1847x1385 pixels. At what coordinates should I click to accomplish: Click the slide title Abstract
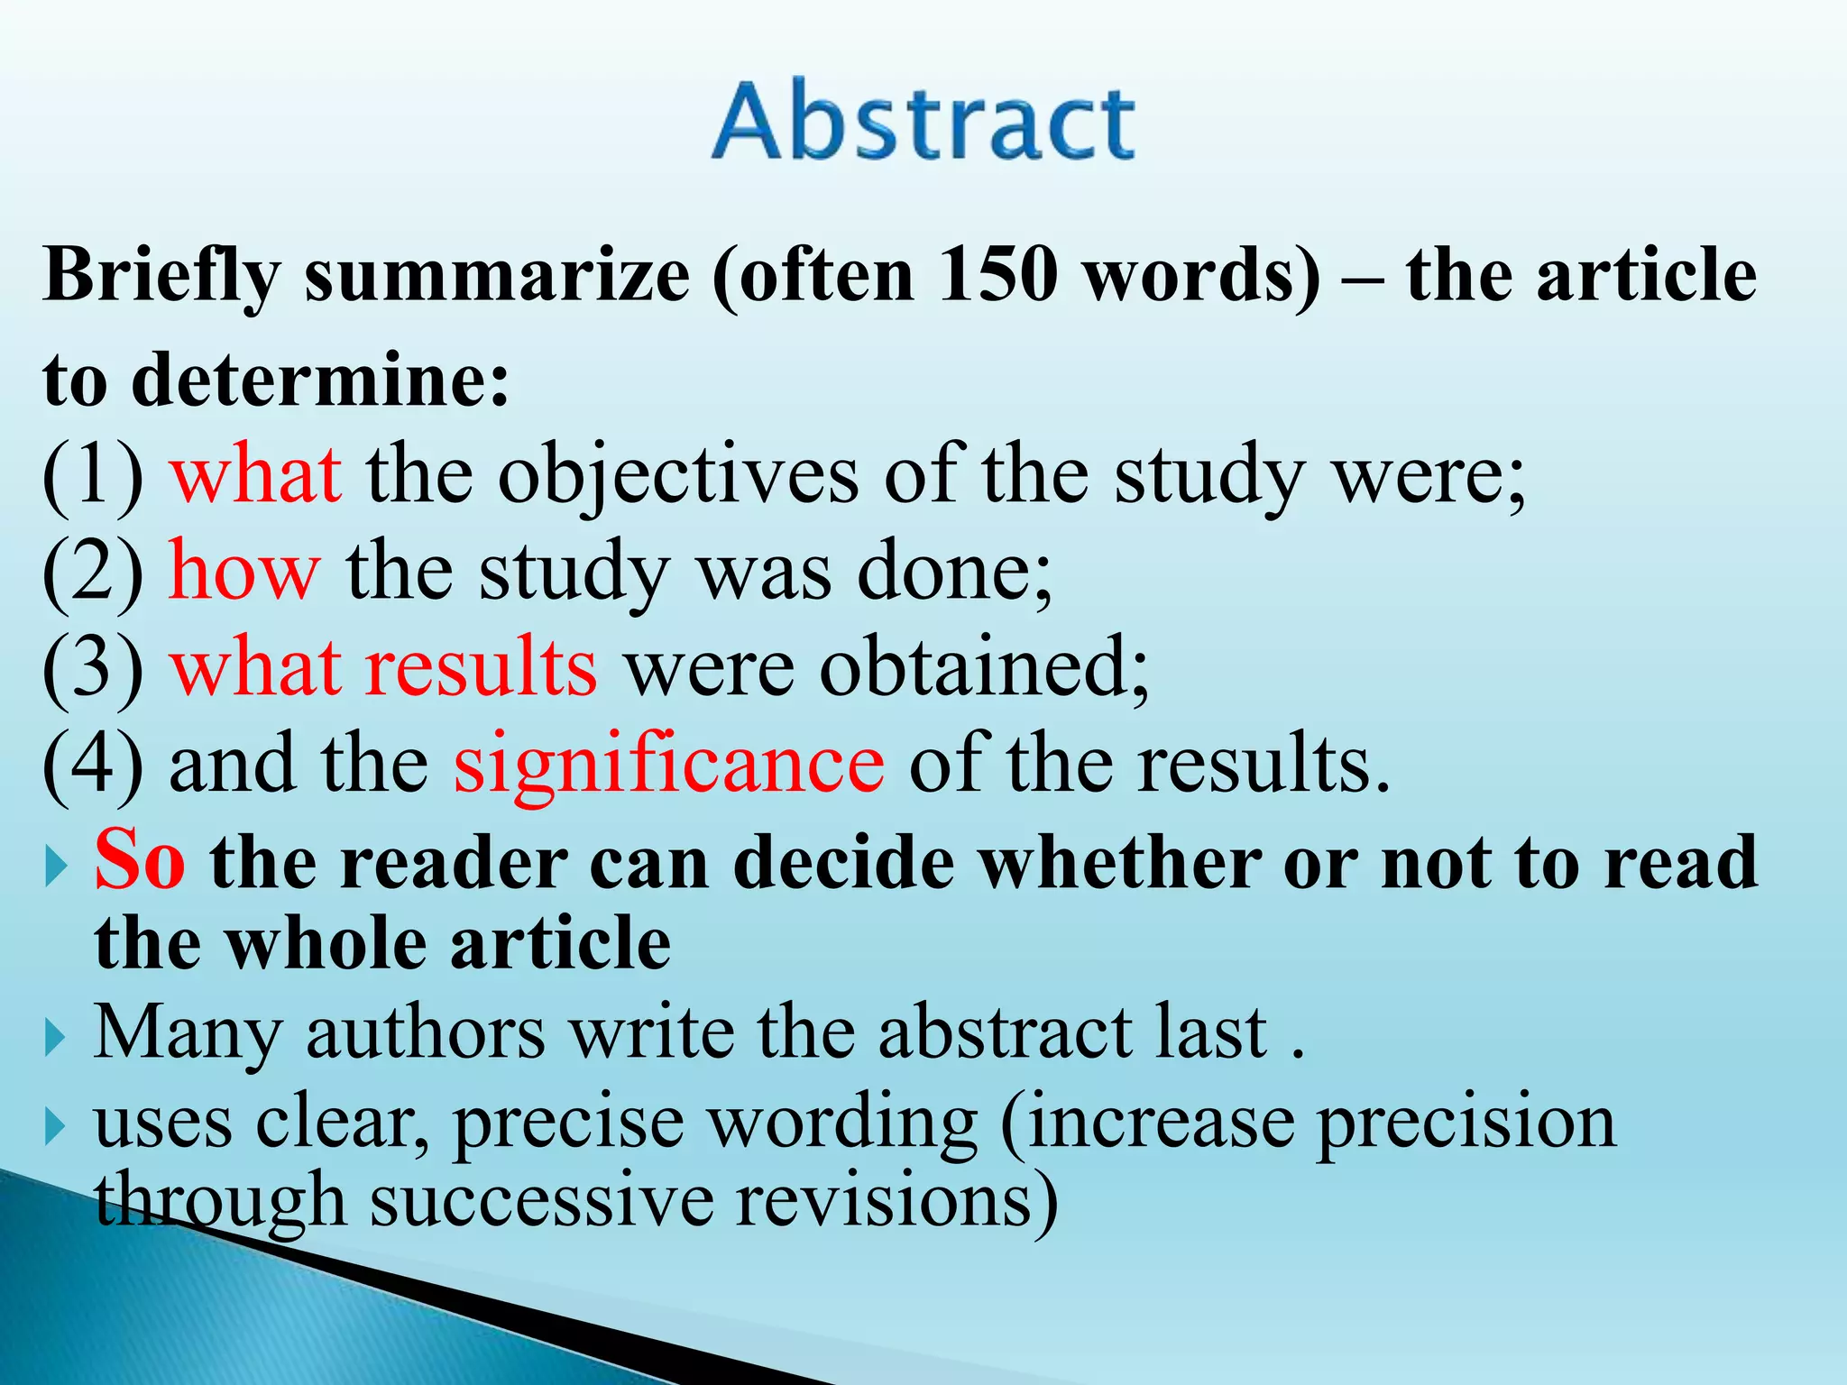tap(923, 122)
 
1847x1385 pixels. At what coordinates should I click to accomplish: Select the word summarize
tap(497, 276)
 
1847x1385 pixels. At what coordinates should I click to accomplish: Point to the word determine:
tap(321, 380)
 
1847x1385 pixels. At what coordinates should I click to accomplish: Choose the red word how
tap(244, 572)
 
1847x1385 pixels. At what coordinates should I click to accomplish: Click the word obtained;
tap(984, 669)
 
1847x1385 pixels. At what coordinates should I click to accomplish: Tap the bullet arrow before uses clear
tap(56, 1127)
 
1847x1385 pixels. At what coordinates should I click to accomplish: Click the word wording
tap(842, 1124)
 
